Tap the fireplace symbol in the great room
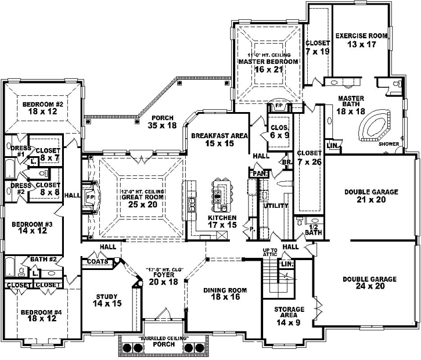coord(91,197)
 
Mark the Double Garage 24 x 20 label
coord(369,283)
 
